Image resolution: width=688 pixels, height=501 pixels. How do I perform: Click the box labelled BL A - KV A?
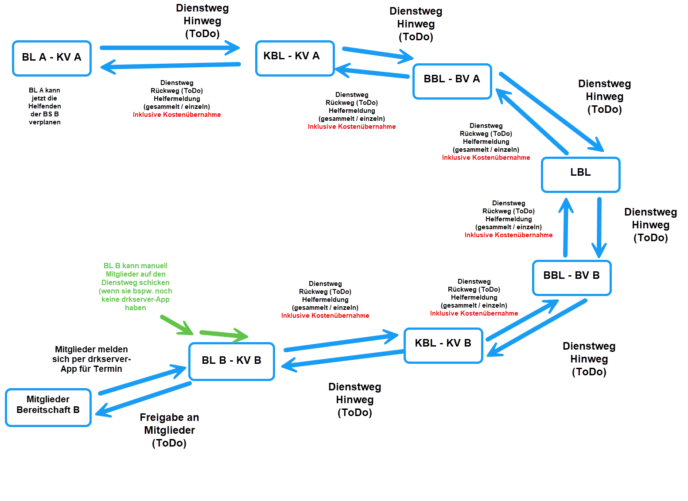[52, 58]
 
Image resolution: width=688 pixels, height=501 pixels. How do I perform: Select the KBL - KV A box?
[295, 58]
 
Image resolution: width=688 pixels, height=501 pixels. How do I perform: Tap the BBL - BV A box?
[452, 81]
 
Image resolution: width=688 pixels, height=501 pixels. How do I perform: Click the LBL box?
[580, 174]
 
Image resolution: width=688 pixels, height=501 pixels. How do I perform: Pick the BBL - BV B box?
[571, 277]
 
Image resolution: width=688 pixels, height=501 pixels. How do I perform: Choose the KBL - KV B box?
[443, 345]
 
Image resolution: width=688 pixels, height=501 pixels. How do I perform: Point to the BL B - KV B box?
[232, 361]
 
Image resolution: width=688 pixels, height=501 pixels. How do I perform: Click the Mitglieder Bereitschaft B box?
[48, 407]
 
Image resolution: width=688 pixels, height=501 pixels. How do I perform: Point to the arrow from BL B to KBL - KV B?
[341, 343]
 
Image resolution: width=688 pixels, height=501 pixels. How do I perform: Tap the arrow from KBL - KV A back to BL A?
[171, 66]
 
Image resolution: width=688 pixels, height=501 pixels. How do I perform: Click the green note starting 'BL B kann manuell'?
[136, 286]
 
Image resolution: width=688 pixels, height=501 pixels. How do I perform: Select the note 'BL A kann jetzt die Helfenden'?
[45, 106]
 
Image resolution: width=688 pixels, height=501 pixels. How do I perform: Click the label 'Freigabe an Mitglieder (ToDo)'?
[169, 430]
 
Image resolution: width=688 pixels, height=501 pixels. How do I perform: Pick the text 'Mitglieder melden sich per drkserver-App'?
[92, 359]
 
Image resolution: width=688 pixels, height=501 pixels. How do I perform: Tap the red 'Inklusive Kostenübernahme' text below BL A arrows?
[177, 115]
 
